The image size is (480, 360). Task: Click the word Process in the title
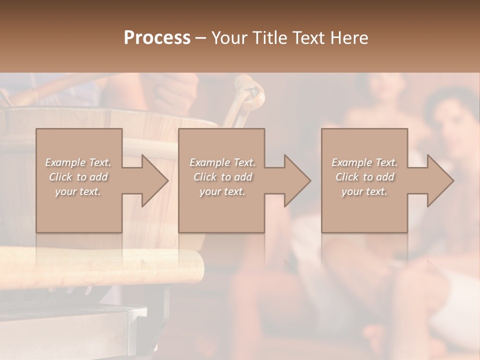click(x=157, y=38)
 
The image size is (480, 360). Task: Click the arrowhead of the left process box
click(x=155, y=180)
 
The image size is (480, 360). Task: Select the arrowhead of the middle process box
click(x=297, y=180)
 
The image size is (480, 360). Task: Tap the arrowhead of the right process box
click(x=440, y=180)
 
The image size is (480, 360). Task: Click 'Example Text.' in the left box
click(x=78, y=162)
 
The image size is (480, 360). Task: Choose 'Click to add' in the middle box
click(x=222, y=177)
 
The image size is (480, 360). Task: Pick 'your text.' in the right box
click(x=364, y=191)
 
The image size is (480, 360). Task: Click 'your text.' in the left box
click(x=78, y=191)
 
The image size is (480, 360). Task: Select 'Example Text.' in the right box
click(x=364, y=162)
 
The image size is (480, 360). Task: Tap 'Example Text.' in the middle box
click(x=222, y=162)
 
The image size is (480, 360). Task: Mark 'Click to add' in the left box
click(x=78, y=177)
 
